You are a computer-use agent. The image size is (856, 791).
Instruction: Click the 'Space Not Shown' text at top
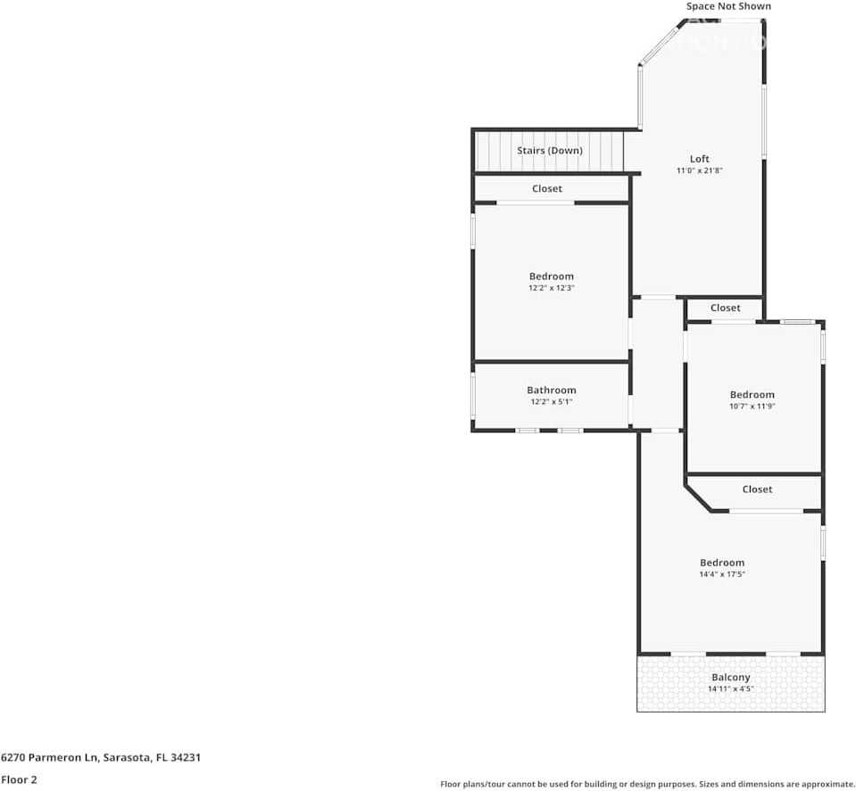click(727, 6)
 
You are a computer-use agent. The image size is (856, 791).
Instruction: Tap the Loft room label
click(700, 159)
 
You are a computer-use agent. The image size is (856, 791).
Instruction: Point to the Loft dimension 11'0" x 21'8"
click(700, 170)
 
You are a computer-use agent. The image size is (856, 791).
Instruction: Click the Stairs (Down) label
click(550, 151)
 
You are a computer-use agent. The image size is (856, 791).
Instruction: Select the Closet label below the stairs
click(547, 189)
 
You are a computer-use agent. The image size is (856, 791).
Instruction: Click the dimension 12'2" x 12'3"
click(551, 288)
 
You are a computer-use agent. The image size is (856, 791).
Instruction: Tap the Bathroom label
click(551, 390)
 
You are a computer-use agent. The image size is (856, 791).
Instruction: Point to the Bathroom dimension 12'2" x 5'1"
click(551, 401)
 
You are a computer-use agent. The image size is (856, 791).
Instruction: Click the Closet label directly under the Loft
click(725, 308)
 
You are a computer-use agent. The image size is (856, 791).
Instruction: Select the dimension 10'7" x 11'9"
click(752, 407)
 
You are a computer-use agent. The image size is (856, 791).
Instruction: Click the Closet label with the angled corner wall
click(757, 490)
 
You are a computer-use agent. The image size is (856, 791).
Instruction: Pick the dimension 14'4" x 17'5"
click(721, 574)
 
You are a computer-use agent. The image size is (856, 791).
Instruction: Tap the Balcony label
click(730, 678)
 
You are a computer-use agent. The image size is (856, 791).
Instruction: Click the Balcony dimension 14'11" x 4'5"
click(730, 689)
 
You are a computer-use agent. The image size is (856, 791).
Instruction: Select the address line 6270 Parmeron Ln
click(100, 757)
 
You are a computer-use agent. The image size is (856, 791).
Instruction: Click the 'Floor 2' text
click(19, 779)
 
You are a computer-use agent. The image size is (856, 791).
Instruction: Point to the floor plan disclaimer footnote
click(647, 785)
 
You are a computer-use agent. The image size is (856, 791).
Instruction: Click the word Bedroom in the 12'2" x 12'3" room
click(551, 276)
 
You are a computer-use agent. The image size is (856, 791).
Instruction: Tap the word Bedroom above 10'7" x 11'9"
click(752, 395)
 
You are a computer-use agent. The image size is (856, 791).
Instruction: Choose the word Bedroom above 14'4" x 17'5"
click(721, 563)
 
